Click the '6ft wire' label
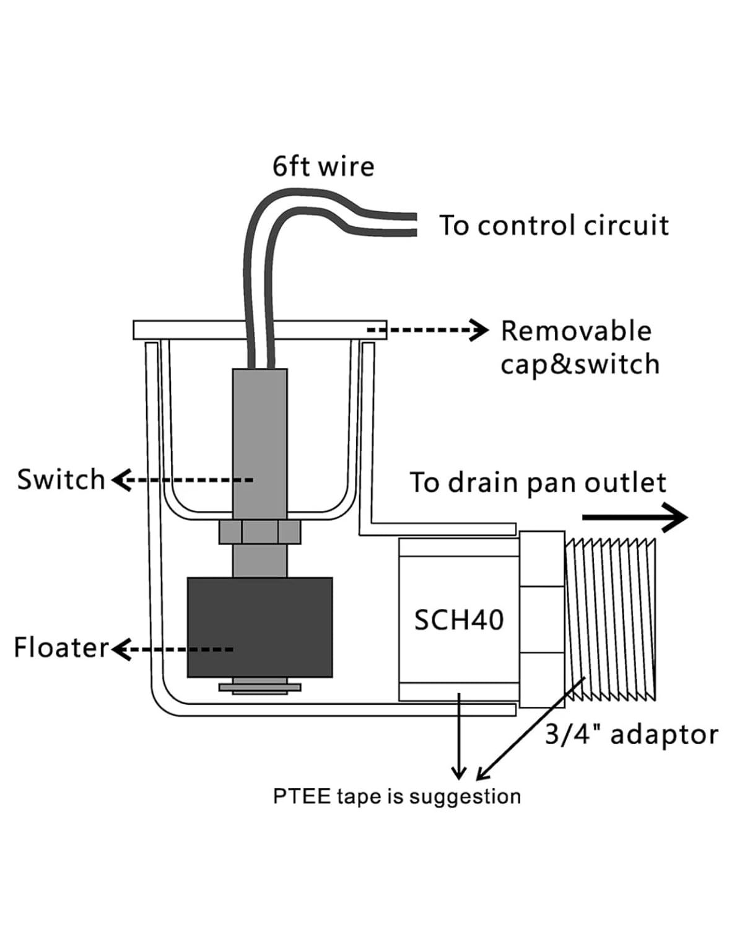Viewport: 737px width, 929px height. pos(323,167)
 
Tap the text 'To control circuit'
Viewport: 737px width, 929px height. pos(554,225)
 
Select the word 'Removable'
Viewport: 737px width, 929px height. pos(576,331)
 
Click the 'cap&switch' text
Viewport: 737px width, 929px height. pos(580,365)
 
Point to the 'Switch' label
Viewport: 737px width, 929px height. pos(61,479)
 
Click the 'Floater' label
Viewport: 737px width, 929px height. pos(61,648)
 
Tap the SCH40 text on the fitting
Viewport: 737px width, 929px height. pos(458,621)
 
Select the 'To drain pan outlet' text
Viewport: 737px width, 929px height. pos(538,482)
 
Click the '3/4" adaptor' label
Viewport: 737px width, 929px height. pos(632,734)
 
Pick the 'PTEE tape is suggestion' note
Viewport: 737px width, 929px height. pos(397,796)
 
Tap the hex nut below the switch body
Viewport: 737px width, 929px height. pos(260,532)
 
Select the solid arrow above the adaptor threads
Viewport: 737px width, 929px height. pos(635,518)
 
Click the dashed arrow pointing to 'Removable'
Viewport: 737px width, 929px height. pos(427,330)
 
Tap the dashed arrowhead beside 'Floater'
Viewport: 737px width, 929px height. pos(122,649)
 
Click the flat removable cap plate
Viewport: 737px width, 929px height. pos(260,330)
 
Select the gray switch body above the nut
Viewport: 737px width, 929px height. pos(260,445)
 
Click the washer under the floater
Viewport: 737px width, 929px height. pos(260,687)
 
